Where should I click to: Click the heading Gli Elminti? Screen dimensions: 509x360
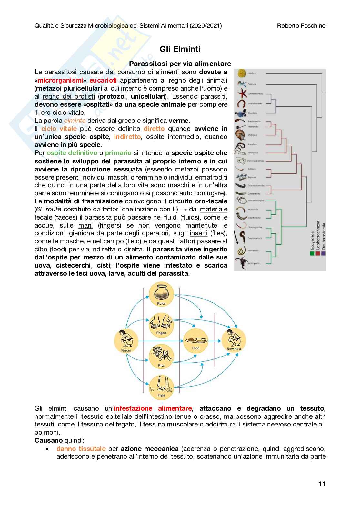coord(180,49)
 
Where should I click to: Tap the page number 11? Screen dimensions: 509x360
coord(322,484)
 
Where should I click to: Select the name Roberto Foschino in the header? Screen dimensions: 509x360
coord(301,26)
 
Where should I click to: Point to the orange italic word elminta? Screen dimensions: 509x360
coord(75,121)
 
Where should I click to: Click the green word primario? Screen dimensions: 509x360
coord(118,153)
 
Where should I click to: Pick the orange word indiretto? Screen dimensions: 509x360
coord(127,137)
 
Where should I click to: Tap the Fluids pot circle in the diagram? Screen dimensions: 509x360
coord(161,294)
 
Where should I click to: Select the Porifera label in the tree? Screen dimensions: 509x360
coord(252,73)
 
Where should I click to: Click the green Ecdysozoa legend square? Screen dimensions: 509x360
coord(312,253)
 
